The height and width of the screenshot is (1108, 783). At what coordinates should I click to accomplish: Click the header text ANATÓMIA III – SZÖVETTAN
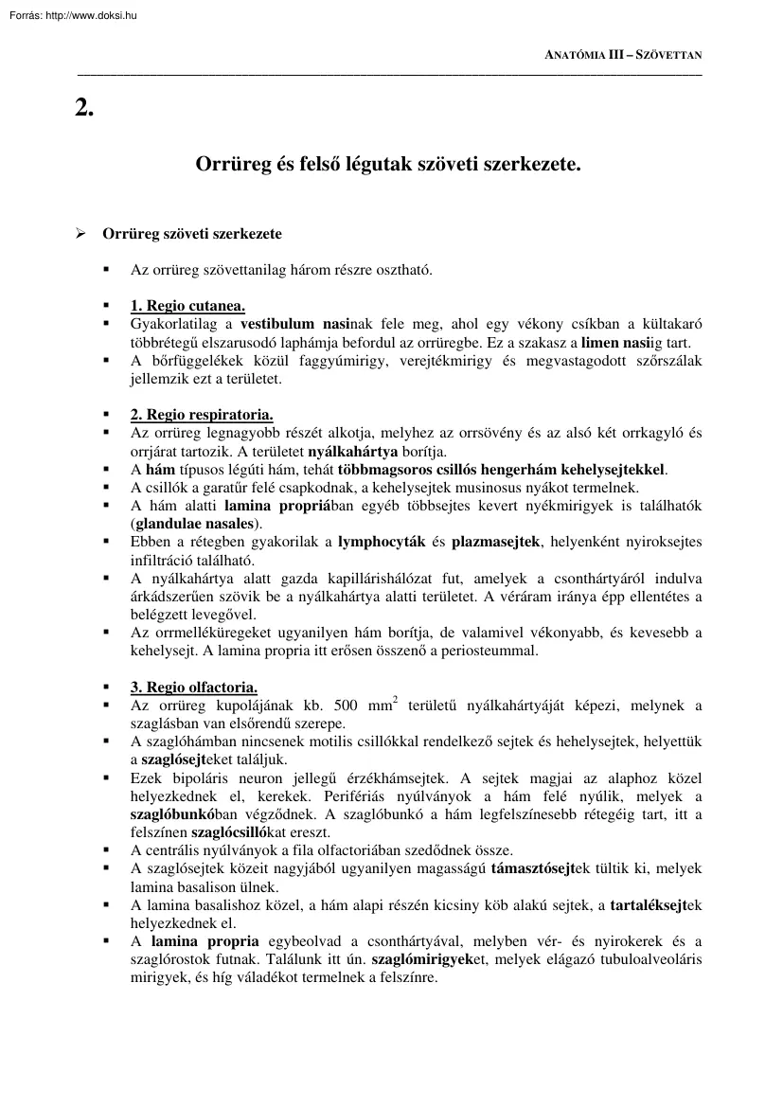click(x=624, y=56)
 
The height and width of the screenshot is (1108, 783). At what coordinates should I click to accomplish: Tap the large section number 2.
click(x=84, y=106)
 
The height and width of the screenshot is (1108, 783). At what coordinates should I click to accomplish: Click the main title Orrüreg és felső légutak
click(x=388, y=164)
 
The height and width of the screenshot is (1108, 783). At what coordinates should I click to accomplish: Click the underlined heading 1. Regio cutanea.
click(x=187, y=305)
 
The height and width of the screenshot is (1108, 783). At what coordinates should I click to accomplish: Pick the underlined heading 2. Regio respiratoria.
click(x=202, y=414)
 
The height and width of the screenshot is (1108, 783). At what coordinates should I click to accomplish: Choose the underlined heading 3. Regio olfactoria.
click(x=193, y=687)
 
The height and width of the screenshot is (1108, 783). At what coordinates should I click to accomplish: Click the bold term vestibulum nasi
click(x=290, y=323)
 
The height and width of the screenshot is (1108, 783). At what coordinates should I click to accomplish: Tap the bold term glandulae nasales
click(x=196, y=523)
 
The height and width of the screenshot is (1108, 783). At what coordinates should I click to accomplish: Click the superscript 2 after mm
click(x=394, y=700)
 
